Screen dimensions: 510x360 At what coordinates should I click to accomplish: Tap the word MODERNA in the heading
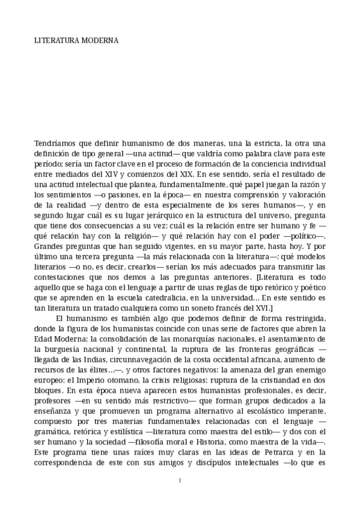[x=100, y=41]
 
